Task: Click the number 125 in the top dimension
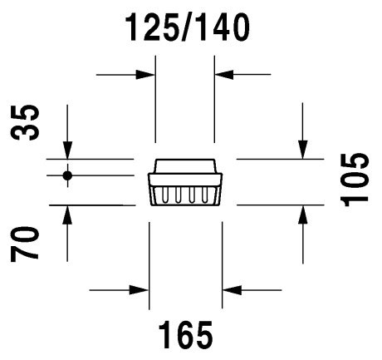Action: (153, 27)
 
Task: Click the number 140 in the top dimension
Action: (223, 27)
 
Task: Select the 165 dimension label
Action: (186, 335)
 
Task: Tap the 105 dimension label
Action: (355, 180)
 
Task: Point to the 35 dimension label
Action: (25, 122)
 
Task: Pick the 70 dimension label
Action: (24, 244)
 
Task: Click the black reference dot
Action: (67, 175)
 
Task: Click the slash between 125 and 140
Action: (188, 27)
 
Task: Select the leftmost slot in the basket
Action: (164, 195)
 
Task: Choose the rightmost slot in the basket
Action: (205, 195)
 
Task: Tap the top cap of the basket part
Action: (185, 166)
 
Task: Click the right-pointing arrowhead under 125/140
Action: (145, 75)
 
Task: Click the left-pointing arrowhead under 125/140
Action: (224, 75)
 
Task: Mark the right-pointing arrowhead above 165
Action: (140, 290)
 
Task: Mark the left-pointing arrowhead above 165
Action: (232, 290)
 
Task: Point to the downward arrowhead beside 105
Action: (302, 150)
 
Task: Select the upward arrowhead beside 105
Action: (303, 215)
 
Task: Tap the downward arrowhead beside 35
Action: (67, 150)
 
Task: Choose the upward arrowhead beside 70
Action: (67, 215)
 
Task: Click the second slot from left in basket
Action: (178, 195)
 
